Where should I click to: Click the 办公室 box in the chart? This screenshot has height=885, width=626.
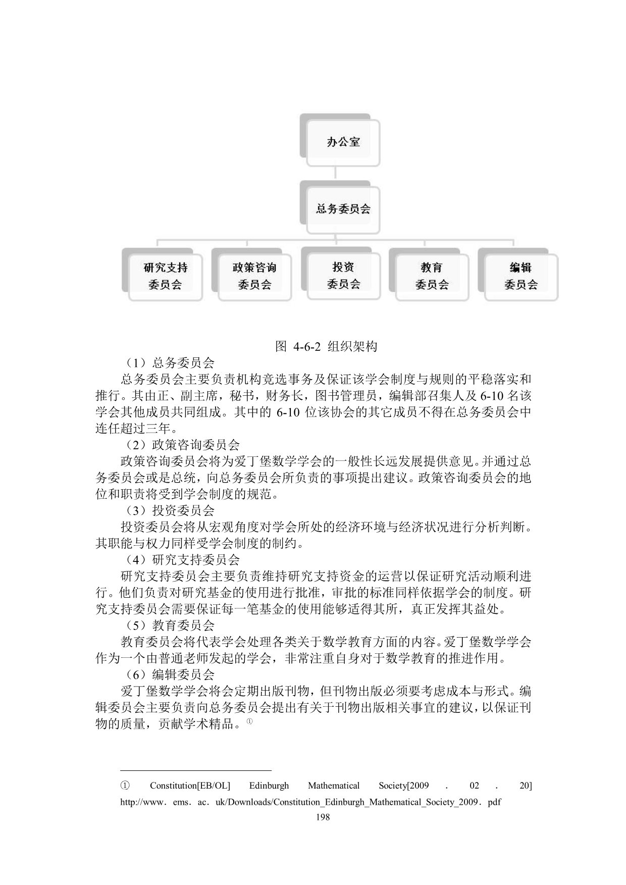point(342,142)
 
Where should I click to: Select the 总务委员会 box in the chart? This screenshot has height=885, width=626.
point(343,209)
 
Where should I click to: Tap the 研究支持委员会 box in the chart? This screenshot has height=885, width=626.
point(165,276)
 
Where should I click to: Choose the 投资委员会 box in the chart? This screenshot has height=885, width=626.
point(343,275)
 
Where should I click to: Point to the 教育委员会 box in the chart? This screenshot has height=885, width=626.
point(432,276)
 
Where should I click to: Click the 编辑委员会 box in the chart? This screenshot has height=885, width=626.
point(520,276)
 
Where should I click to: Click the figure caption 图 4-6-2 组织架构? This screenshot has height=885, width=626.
point(326,346)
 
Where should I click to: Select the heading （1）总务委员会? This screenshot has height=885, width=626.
point(170,362)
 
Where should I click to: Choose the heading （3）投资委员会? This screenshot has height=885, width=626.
point(170,510)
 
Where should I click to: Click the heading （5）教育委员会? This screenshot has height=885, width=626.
point(170,625)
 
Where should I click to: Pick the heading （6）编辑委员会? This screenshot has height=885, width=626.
point(170,674)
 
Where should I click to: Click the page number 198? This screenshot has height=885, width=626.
point(322,817)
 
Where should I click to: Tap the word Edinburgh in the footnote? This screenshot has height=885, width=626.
point(269,786)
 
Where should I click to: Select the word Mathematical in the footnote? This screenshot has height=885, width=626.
point(334,786)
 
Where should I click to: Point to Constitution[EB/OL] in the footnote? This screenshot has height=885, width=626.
point(190,786)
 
